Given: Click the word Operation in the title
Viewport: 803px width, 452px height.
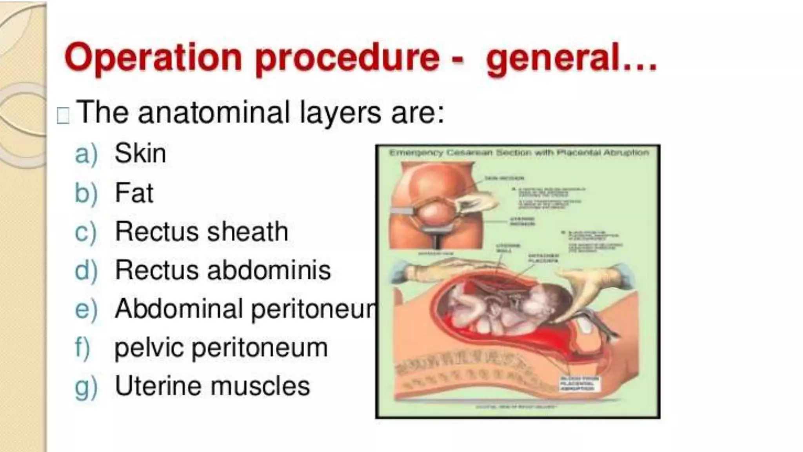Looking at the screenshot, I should pyautogui.click(x=153, y=58).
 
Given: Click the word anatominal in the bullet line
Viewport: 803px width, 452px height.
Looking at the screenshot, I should pyautogui.click(x=214, y=112).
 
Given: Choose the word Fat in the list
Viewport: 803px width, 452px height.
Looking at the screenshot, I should pyautogui.click(x=134, y=193).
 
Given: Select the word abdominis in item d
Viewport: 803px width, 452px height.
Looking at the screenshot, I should pyautogui.click(x=269, y=270).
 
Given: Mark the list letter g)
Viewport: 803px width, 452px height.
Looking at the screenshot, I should pyautogui.click(x=85, y=387).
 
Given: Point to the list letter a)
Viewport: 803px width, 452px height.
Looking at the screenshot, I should pyautogui.click(x=85, y=154).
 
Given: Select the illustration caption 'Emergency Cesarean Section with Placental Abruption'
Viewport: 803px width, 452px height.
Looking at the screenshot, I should pyautogui.click(x=518, y=153).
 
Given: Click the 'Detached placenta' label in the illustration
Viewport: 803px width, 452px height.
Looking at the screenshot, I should pyautogui.click(x=543, y=258).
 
